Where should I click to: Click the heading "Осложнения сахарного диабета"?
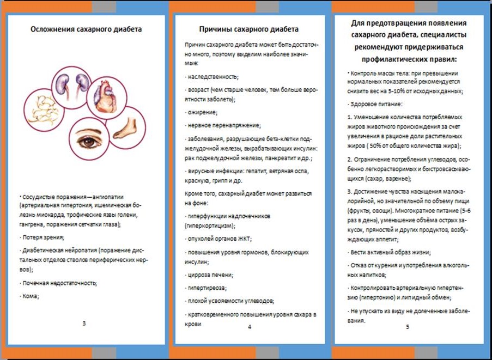point(86,29)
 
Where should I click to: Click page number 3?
point(84,324)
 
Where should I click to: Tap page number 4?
point(249,327)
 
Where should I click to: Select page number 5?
point(408,327)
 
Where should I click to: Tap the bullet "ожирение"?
point(202,113)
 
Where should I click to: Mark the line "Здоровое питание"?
point(378,103)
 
